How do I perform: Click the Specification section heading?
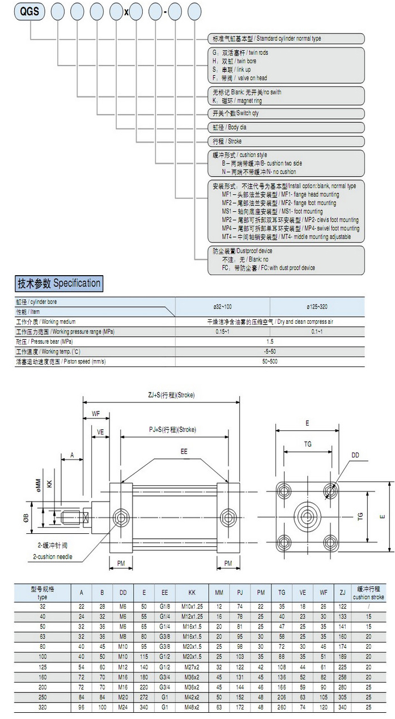(59, 283)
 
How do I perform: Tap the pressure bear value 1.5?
(270, 341)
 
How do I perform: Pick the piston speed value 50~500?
(270, 361)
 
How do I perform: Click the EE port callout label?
(184, 452)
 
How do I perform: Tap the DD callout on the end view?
(355, 455)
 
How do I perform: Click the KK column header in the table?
(192, 593)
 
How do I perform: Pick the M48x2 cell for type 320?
(192, 707)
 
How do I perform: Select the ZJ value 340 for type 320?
(342, 707)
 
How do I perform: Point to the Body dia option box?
(286, 127)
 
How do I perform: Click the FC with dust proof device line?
(269, 268)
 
